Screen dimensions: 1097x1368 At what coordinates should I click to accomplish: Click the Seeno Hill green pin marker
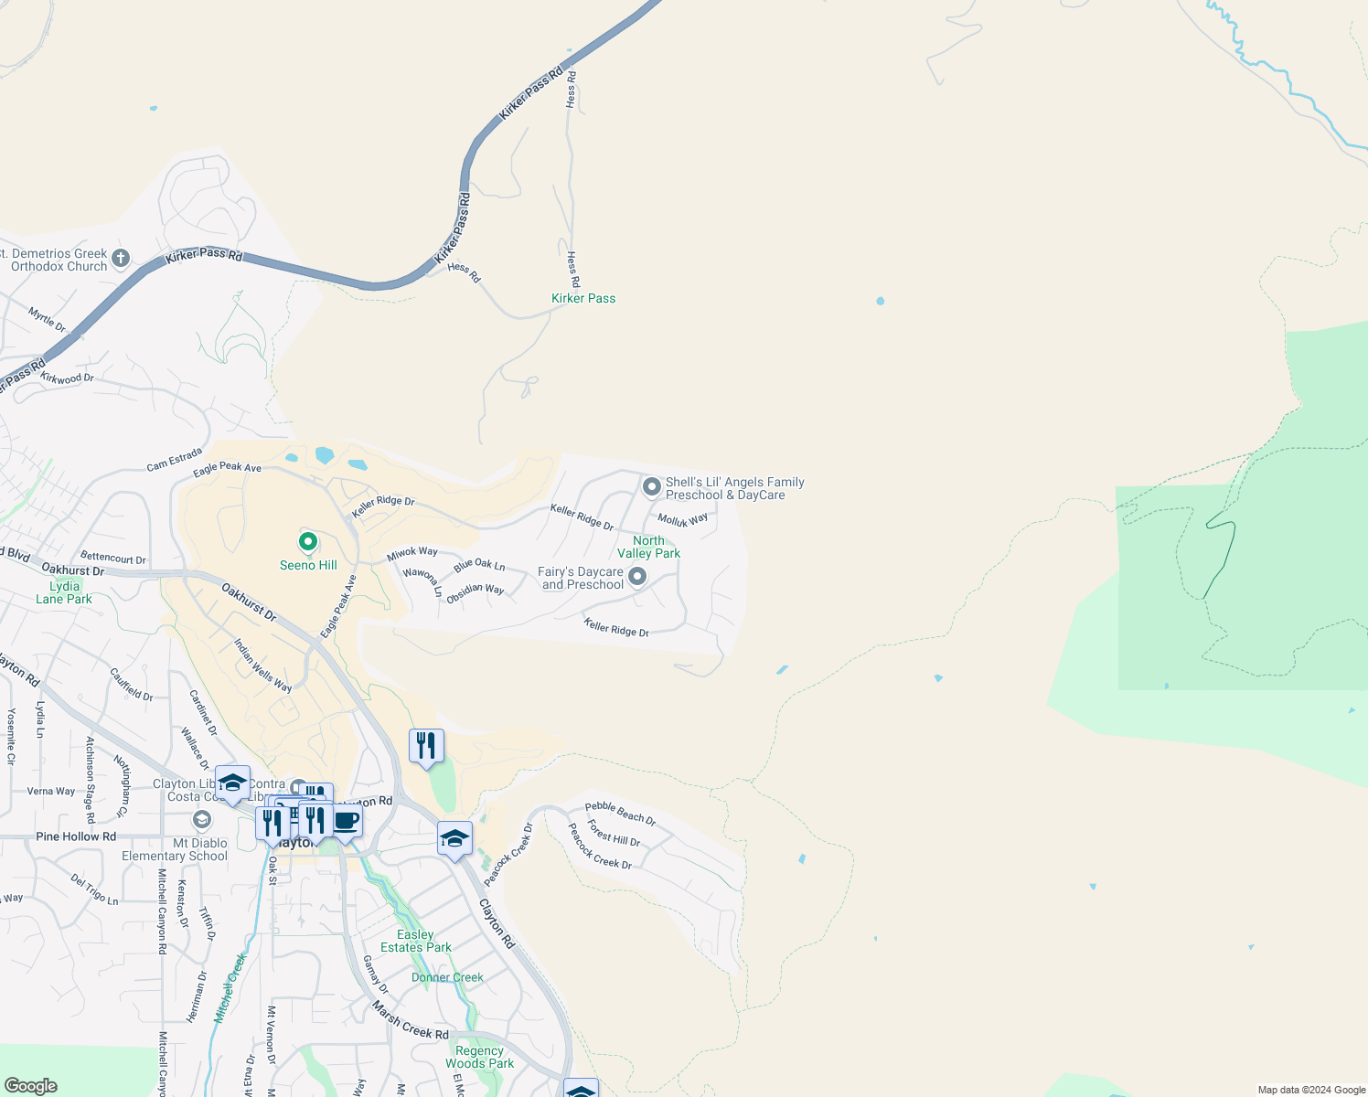[x=308, y=541]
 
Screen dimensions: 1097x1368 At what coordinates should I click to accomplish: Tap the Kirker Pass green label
[x=583, y=298]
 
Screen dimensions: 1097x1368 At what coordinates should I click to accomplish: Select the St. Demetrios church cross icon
[x=121, y=260]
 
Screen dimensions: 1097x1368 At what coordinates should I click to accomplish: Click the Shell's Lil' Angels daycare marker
[x=651, y=487]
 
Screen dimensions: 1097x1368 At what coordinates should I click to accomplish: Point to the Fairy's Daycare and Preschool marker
[x=637, y=576]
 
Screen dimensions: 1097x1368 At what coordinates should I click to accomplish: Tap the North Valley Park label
[x=648, y=547]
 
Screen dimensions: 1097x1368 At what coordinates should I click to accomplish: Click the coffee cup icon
[x=346, y=820]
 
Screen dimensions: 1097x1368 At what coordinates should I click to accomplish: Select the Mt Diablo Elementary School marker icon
[x=202, y=819]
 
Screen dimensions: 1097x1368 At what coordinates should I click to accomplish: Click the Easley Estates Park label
[x=416, y=941]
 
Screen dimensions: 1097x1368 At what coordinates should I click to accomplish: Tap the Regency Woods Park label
[x=479, y=1057]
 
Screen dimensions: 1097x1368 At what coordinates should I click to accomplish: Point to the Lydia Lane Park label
[x=64, y=592]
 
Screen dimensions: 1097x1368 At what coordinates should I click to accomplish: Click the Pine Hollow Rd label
[x=76, y=836]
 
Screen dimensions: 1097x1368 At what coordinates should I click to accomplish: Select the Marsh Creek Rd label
[x=411, y=1020]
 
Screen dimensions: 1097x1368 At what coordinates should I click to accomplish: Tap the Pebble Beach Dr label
[x=620, y=813]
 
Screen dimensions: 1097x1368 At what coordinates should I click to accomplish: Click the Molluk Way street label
[x=682, y=520]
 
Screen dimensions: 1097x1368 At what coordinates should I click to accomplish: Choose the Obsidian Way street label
[x=476, y=591]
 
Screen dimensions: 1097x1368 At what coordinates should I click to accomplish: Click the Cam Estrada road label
[x=174, y=460]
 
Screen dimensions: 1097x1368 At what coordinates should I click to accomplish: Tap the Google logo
[x=30, y=1086]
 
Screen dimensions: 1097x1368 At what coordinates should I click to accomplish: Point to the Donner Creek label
[x=447, y=977]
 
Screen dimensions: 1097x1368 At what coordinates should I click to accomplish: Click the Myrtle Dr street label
[x=47, y=320]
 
